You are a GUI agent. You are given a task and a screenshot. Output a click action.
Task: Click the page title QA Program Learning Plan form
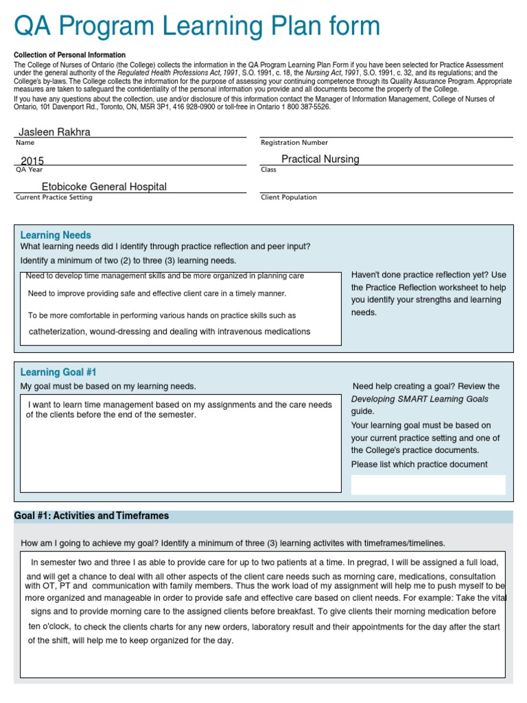tap(197, 26)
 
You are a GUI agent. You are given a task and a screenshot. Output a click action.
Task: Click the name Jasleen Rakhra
tap(54, 132)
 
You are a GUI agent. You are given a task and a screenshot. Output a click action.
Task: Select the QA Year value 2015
tap(32, 161)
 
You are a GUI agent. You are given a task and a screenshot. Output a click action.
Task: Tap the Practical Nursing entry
tap(320, 159)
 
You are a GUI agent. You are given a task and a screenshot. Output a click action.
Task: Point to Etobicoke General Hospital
tap(104, 187)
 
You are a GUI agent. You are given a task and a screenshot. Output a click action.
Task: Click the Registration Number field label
tap(294, 143)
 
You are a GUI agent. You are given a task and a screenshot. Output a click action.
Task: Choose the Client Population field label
tap(288, 198)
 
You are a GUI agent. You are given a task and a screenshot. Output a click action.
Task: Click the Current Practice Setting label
tap(54, 198)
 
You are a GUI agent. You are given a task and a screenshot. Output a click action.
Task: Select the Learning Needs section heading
tap(56, 235)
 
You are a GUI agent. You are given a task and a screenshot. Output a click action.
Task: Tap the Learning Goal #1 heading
tap(58, 372)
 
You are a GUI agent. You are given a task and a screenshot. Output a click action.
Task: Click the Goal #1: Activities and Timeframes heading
tap(91, 516)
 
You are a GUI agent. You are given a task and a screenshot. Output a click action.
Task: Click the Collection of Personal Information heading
tap(69, 55)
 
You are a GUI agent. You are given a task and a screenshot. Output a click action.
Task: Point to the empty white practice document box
tap(428, 485)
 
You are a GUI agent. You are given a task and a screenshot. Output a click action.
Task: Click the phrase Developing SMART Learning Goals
tap(419, 399)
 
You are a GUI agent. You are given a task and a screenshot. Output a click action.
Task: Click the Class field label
tap(268, 170)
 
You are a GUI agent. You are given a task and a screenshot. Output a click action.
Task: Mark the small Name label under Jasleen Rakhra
tap(24, 143)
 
